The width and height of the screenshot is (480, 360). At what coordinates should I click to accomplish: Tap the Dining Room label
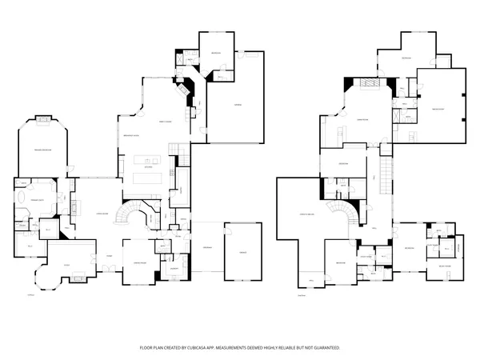pyautogui.click(x=138, y=262)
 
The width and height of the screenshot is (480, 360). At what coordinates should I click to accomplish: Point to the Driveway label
pyautogui.click(x=206, y=250)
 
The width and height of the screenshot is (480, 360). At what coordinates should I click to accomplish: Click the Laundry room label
pyautogui.click(x=173, y=269)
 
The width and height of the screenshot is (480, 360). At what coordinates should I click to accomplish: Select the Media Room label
pyautogui.click(x=438, y=109)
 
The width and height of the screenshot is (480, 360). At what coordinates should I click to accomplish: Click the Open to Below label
pyautogui.click(x=306, y=214)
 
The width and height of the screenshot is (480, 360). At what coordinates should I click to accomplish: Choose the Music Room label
pyautogui.click(x=443, y=265)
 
